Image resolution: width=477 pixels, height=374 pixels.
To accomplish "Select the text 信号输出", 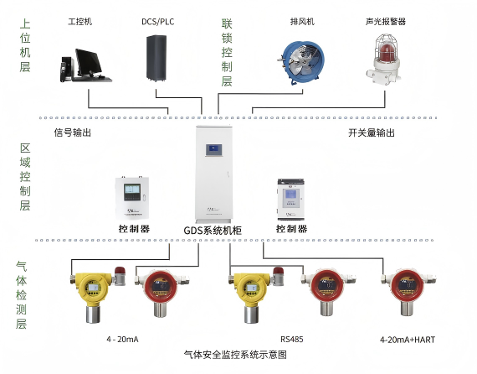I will [x=72, y=132].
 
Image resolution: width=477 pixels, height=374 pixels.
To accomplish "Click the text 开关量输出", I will [x=372, y=132].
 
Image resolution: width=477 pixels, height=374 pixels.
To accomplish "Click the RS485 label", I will [x=292, y=339].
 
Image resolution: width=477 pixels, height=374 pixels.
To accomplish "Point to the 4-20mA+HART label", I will [x=406, y=339].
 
